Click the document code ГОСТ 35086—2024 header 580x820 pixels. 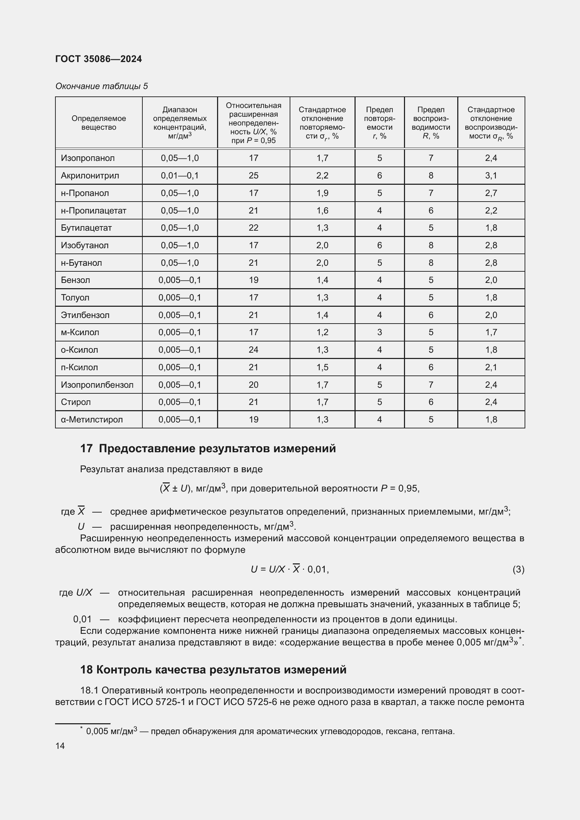pyautogui.click(x=99, y=59)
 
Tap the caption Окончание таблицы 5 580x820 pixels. pyautogui.click(x=101, y=86)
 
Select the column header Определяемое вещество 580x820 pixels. pyautogui.click(x=99, y=122)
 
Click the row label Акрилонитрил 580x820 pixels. pyautogui.click(x=90, y=175)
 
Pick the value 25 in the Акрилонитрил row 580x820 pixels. pyautogui.click(x=253, y=175)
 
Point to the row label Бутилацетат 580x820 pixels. pyautogui.click(x=86, y=228)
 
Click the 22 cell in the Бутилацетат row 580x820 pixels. pyautogui.click(x=253, y=228)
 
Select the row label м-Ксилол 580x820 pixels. pyautogui.click(x=80, y=332)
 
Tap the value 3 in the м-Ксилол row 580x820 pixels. pyautogui.click(x=379, y=332)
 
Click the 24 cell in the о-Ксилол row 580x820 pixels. pyautogui.click(x=253, y=350)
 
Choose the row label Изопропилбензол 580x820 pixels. pyautogui.click(x=97, y=385)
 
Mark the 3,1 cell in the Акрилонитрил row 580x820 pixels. pyautogui.click(x=491, y=175)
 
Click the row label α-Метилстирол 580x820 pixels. pyautogui.click(x=92, y=420)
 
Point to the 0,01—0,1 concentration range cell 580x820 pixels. pyautogui.click(x=180, y=175)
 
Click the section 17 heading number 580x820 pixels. pyautogui.click(x=86, y=449)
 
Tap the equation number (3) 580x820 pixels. pyautogui.click(x=518, y=569)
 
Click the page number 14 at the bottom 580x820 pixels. pyautogui.click(x=60, y=746)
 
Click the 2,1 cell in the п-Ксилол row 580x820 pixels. pyautogui.click(x=491, y=367)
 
